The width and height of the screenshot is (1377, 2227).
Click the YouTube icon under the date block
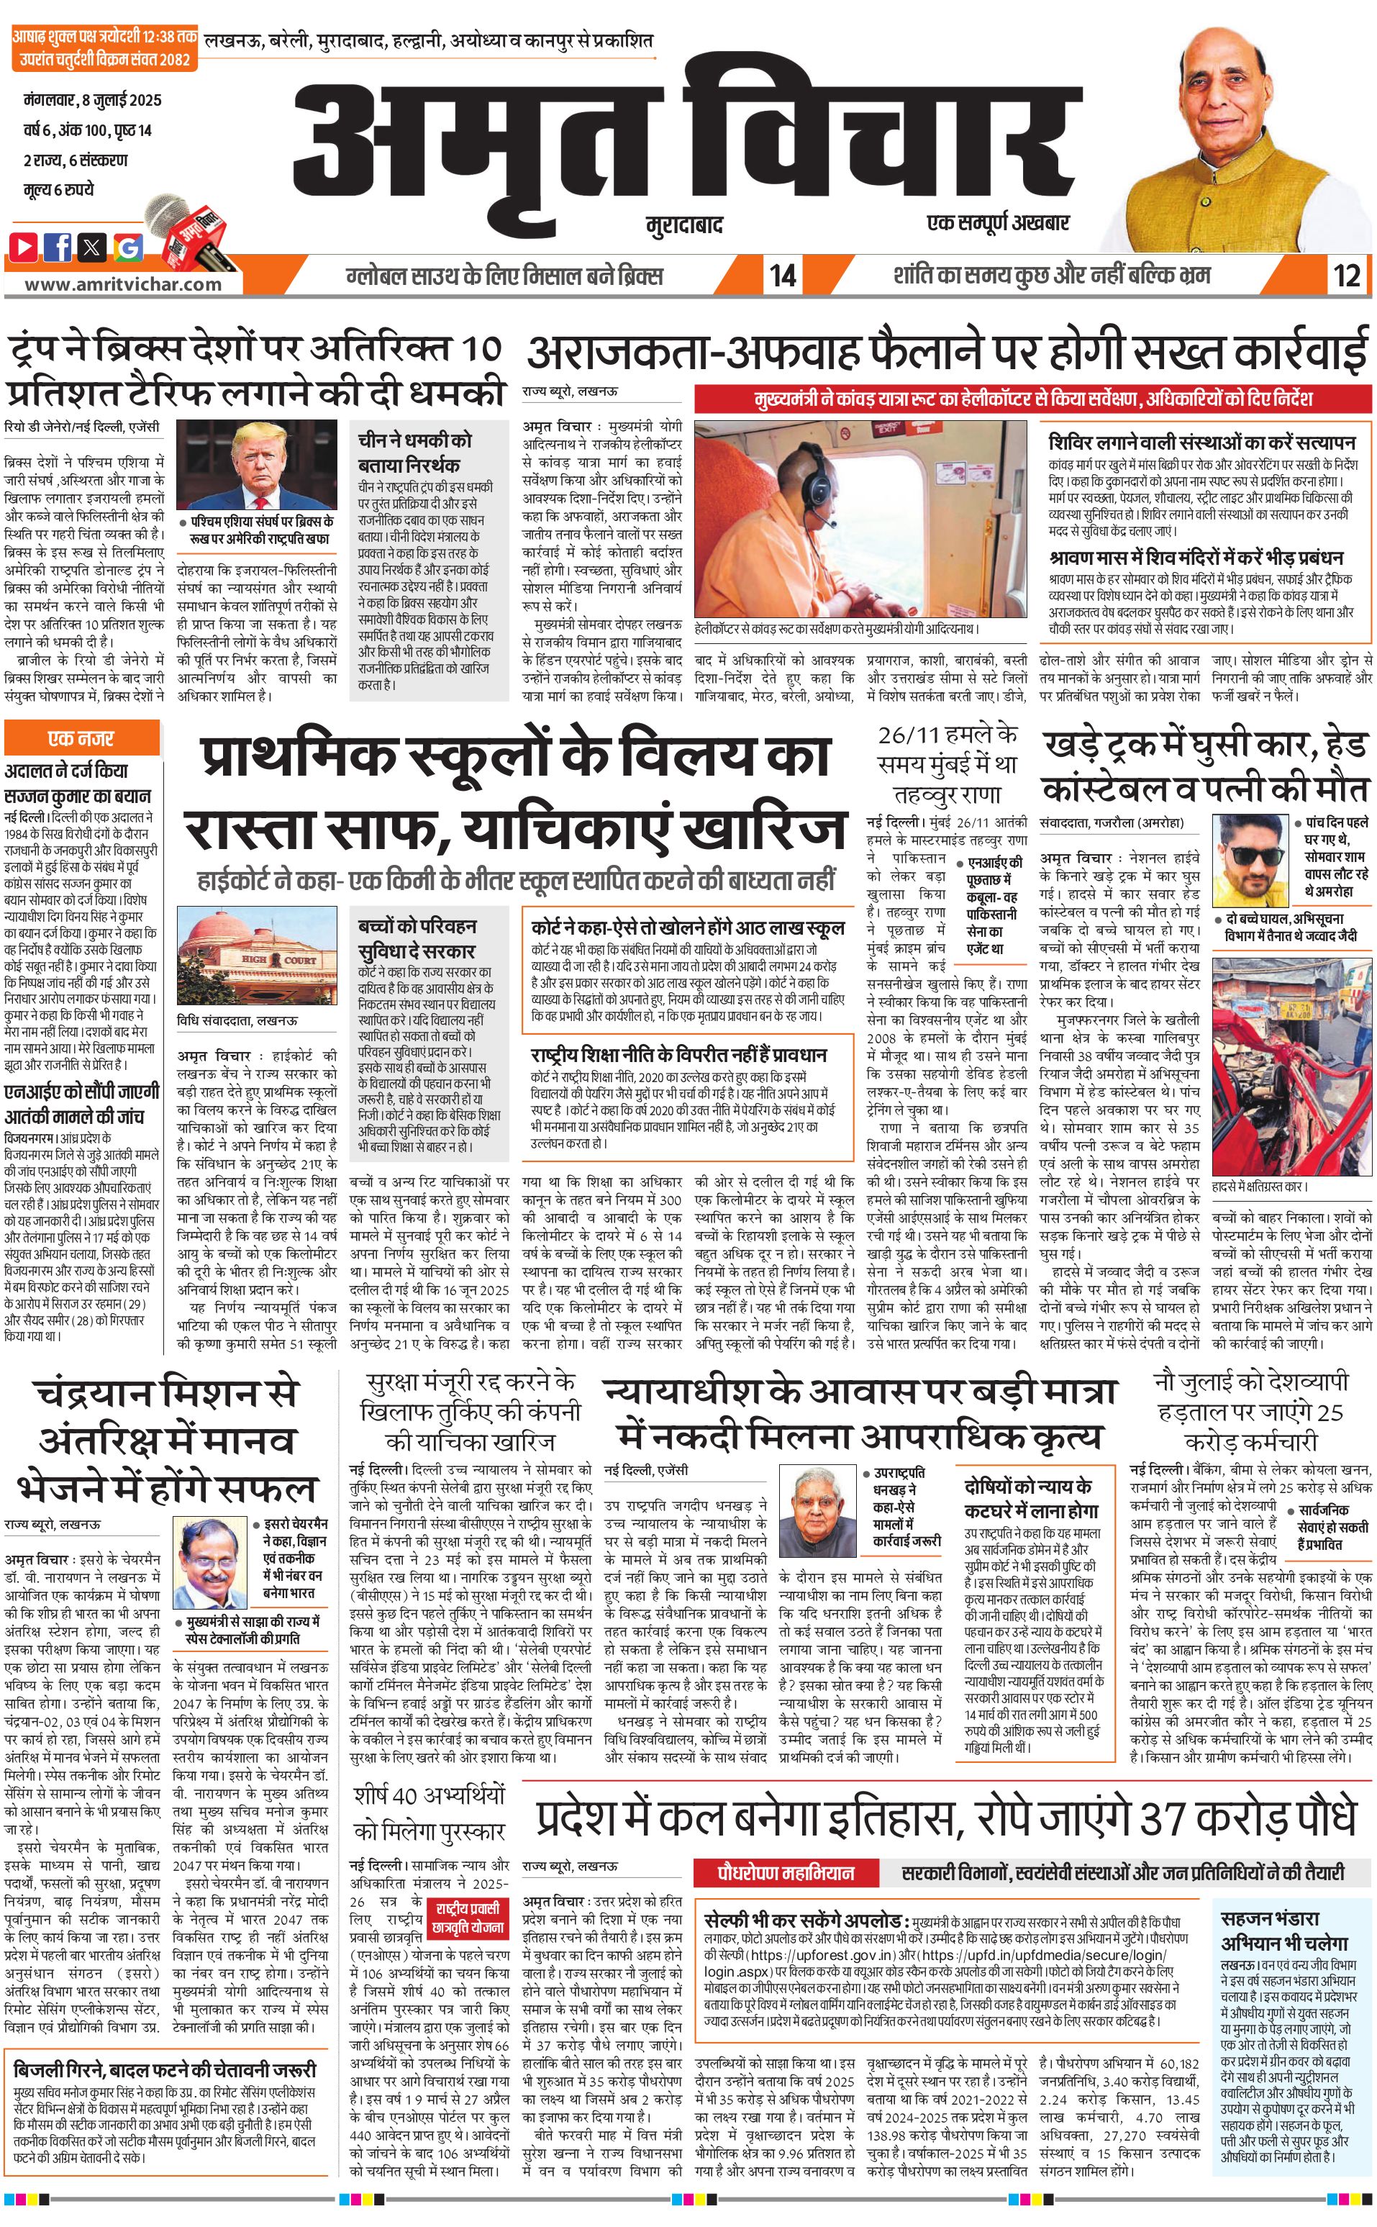24,246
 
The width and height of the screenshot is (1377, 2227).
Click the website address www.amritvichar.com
123,284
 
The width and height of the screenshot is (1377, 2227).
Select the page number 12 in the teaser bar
1346,275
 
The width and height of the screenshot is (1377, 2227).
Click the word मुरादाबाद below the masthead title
682,224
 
